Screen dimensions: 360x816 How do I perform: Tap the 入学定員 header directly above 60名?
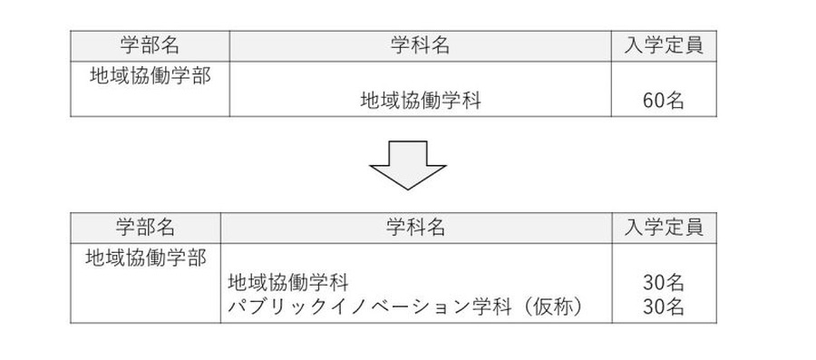coord(663,45)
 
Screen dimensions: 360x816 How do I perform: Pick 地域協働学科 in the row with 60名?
coord(421,101)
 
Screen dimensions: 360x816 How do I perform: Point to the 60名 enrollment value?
coord(663,101)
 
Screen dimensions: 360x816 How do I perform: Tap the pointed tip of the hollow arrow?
coord(407,186)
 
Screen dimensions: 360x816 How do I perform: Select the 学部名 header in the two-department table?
coord(145,227)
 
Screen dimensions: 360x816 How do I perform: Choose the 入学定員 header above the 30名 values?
coord(663,227)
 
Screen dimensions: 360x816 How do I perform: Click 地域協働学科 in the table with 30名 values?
coord(288,283)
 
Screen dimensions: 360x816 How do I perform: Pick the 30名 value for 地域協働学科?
coord(663,283)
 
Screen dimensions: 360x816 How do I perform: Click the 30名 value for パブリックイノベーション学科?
coord(663,307)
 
